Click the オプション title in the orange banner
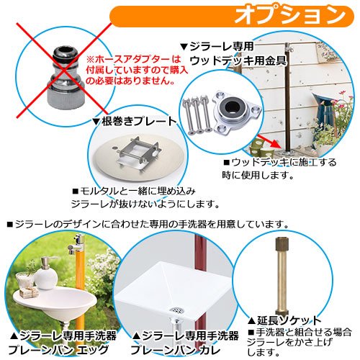(x=289, y=15)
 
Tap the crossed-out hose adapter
(x=66, y=77)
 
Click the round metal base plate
(x=138, y=161)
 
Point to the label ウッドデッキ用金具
(x=238, y=60)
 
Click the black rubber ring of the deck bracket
(x=233, y=105)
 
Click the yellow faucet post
(x=80, y=283)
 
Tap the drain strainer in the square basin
(x=177, y=310)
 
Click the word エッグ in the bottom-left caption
(x=93, y=350)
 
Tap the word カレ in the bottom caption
(x=210, y=350)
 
